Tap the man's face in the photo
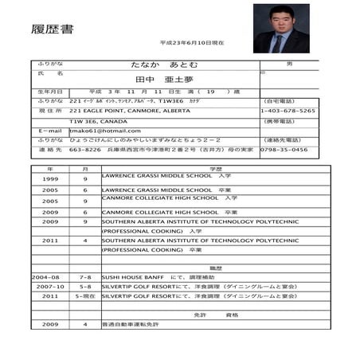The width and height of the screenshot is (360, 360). click(280, 21)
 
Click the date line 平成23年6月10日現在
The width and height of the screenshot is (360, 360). click(191, 41)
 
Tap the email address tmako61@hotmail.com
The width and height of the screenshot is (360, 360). click(104, 131)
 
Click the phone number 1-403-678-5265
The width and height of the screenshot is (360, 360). click(288, 112)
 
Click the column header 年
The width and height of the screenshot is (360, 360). click(50, 169)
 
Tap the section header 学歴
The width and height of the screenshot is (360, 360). click(215, 169)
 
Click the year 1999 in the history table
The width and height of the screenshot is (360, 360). click(50, 179)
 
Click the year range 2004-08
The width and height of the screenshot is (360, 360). click(46, 276)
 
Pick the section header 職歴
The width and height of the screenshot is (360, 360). click(215, 268)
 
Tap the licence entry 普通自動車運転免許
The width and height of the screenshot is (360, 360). click(130, 324)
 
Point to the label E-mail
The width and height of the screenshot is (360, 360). click(49, 131)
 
